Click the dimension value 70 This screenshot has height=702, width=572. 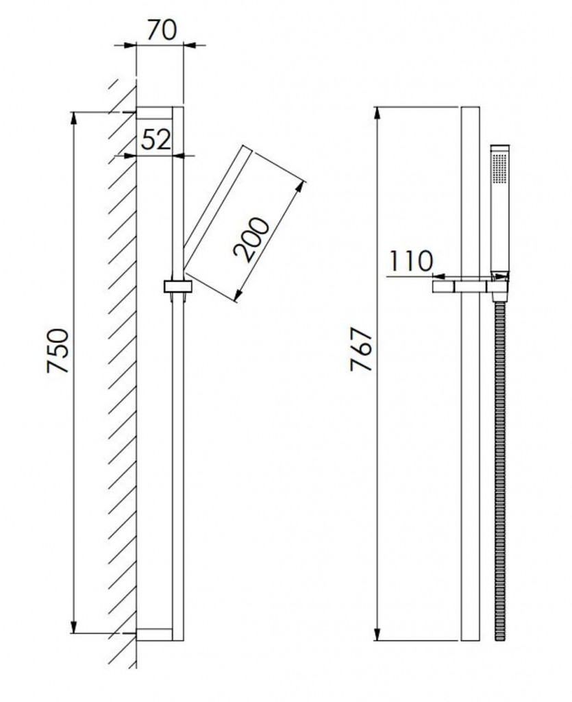point(162,29)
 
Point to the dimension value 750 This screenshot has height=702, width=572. point(58,350)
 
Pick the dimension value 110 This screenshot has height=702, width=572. point(411,261)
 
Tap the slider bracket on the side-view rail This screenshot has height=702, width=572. point(177,289)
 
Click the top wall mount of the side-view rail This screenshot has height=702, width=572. point(154,113)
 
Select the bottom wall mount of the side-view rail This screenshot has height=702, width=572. point(154,634)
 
